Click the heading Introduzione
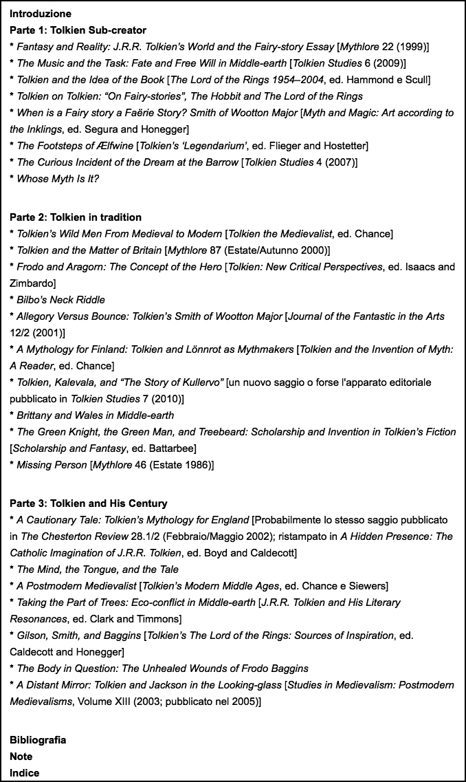pos(40,14)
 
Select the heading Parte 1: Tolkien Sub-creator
pos(78,30)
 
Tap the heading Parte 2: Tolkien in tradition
pos(76,217)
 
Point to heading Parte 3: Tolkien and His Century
pos(89,503)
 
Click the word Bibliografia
pos(38,740)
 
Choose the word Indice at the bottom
pos(24,773)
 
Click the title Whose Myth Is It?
pos(58,179)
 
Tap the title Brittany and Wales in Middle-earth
pos(95,415)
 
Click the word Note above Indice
pos(21,757)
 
